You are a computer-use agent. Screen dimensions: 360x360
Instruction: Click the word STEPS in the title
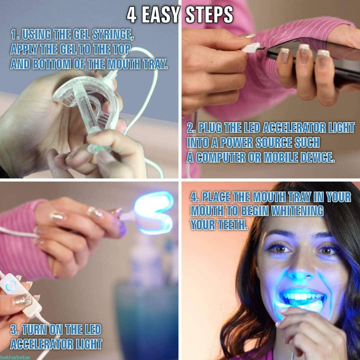coord(209,14)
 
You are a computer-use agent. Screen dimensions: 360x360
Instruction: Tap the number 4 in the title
coord(132,15)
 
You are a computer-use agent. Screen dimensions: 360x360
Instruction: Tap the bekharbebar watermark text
coord(15,357)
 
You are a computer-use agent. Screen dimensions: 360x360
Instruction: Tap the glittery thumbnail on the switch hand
coord(22,300)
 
